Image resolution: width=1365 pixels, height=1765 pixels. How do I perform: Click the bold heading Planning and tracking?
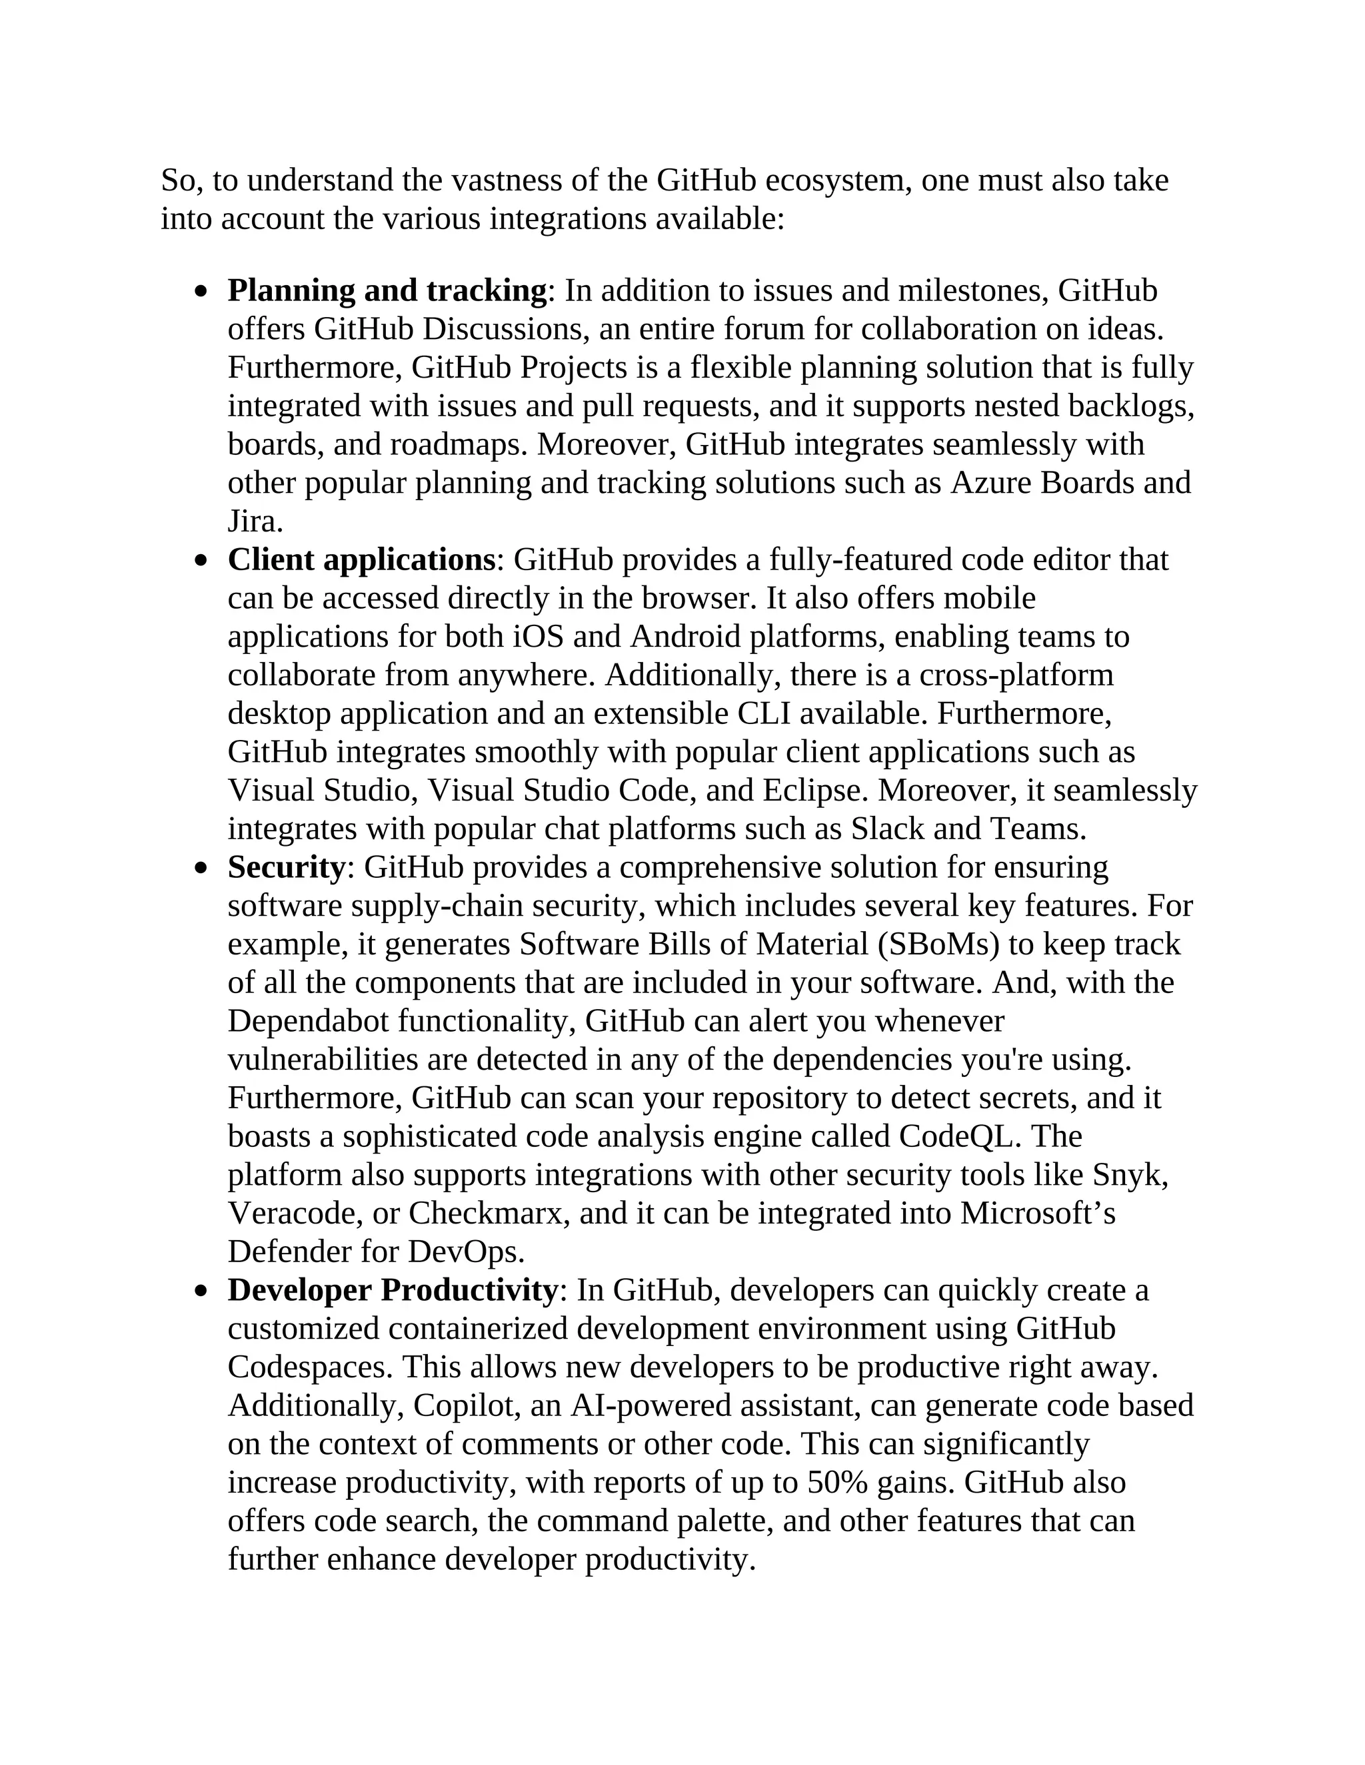387,291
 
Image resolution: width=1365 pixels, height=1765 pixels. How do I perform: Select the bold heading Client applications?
361,560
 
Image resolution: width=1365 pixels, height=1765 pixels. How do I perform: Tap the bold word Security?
286,868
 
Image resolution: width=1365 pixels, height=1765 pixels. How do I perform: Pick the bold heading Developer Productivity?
392,1291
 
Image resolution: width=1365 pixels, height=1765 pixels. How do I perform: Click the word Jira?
253,522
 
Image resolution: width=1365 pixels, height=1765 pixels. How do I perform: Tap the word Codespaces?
310,1367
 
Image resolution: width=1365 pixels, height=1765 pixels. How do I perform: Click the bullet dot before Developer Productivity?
201,1292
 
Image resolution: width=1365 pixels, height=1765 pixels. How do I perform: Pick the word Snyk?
1129,1175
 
